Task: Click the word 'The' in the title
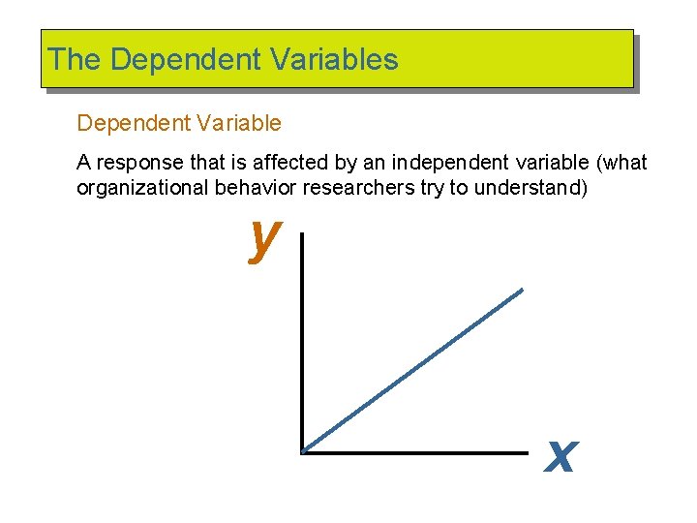(x=75, y=60)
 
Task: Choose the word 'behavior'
(x=251, y=188)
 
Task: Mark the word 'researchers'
(x=360, y=188)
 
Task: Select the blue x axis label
(x=561, y=455)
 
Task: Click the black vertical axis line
(x=302, y=339)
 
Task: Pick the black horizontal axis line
(x=416, y=452)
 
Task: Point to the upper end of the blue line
(x=521, y=290)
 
